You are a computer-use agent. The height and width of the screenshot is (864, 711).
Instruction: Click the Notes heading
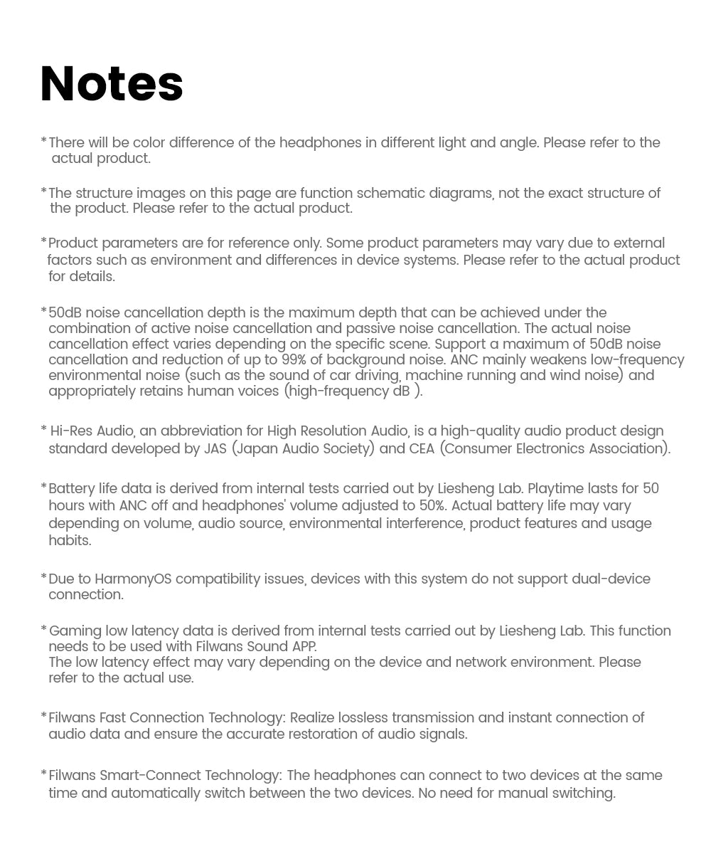[x=112, y=84]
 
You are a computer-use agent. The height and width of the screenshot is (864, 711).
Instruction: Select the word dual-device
[x=611, y=579]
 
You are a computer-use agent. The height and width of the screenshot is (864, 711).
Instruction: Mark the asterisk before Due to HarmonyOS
[x=43, y=577]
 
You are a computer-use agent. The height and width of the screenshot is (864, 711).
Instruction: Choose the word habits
[x=70, y=540]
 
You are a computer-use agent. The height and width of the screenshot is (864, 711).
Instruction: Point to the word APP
[x=304, y=646]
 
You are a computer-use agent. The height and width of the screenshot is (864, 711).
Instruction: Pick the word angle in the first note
[x=518, y=142]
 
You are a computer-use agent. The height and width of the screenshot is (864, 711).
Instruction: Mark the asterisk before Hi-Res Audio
[x=44, y=429]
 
